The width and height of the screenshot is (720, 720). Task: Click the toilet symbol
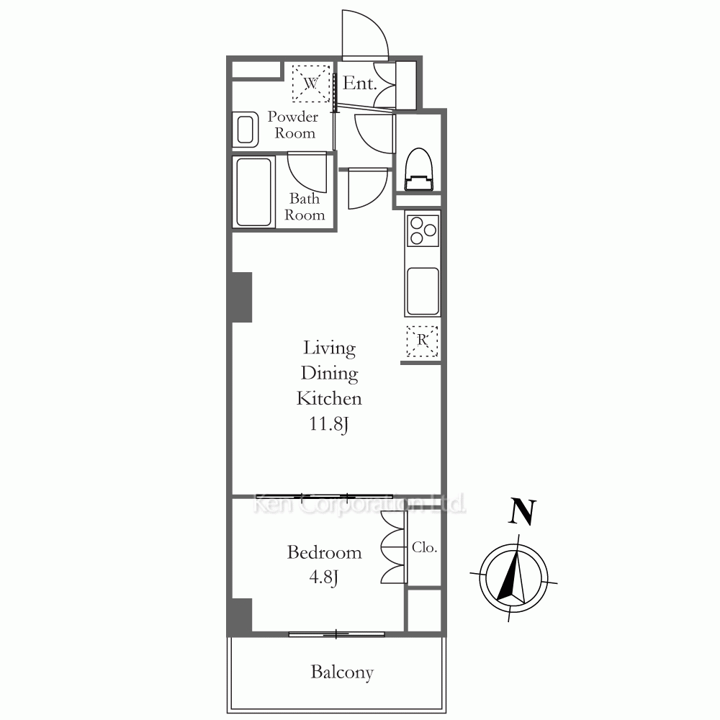coord(419,169)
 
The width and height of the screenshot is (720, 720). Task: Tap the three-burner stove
coord(423,230)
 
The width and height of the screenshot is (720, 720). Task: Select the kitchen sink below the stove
coord(423,291)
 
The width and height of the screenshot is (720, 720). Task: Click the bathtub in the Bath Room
coord(253,192)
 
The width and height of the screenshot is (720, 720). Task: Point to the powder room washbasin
coord(245,130)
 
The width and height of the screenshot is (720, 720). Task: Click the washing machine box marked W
coord(311,83)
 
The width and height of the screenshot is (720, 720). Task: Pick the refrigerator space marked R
coord(422,341)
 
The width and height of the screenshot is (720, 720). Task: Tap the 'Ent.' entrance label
coord(359,83)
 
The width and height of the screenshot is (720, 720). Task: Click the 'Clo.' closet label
coord(424,547)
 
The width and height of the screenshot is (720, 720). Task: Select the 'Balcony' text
coord(342,672)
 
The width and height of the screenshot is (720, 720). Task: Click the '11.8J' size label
coord(329,424)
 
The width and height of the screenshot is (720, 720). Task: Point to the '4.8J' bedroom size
coord(324,577)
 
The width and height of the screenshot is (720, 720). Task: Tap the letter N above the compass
coord(523,512)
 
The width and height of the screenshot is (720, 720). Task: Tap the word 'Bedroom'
coord(324,552)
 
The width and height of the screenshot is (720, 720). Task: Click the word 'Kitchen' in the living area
coord(329,398)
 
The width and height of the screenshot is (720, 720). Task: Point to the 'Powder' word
coord(293,117)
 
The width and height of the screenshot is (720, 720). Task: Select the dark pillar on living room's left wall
coord(242,297)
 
